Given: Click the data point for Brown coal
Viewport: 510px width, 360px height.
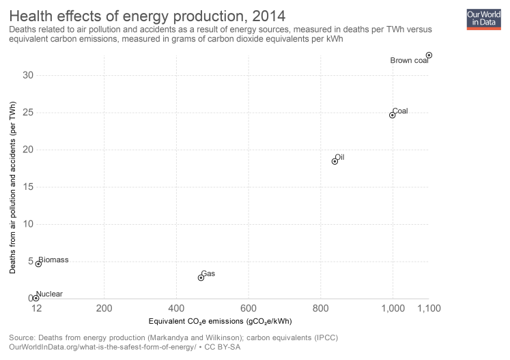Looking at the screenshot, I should [429, 55].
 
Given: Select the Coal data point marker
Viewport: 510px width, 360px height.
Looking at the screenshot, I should [393, 115].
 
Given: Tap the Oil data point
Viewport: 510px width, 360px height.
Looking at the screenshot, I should [335, 161].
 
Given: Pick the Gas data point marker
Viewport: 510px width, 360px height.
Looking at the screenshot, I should [201, 277].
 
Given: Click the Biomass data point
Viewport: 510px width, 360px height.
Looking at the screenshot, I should [38, 264].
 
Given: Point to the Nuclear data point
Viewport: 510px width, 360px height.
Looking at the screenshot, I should [36, 298].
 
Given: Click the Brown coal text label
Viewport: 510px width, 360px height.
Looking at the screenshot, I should [409, 61].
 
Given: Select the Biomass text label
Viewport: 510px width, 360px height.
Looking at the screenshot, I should [53, 260].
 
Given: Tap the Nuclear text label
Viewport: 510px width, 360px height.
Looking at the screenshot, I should [49, 294].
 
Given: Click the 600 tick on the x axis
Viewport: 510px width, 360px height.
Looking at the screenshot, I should [249, 309].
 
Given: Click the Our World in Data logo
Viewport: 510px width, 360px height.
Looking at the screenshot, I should [483, 18].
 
